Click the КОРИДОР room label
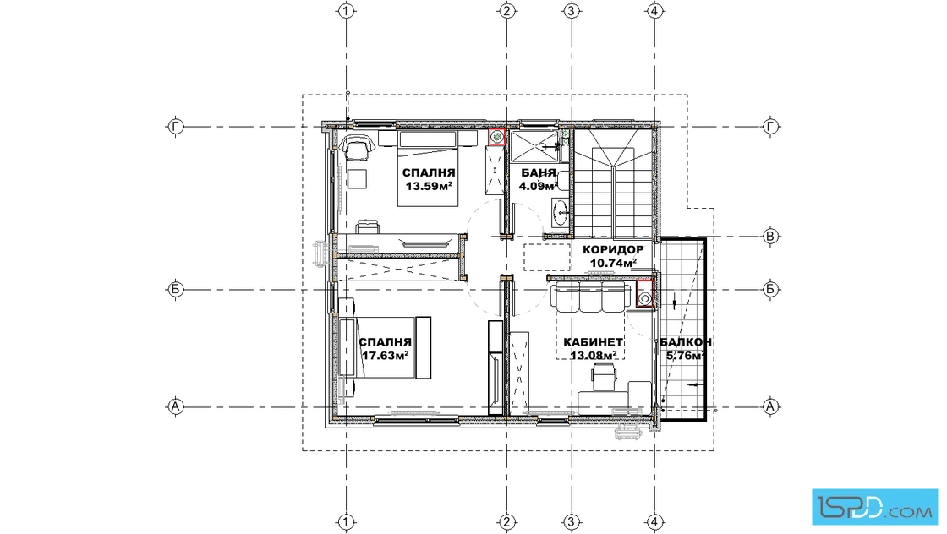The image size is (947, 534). pyautogui.click(x=612, y=250)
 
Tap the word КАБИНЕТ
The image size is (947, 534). pyautogui.click(x=593, y=342)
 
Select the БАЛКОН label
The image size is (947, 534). pyautogui.click(x=686, y=342)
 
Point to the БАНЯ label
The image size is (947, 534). pyautogui.click(x=538, y=173)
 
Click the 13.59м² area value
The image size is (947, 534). pyautogui.click(x=429, y=186)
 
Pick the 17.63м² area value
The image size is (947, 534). pyautogui.click(x=386, y=356)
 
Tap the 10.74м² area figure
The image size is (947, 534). pyautogui.click(x=613, y=263)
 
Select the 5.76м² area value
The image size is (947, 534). pyautogui.click(x=686, y=356)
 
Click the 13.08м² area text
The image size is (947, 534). pyautogui.click(x=593, y=356)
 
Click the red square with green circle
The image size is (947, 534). pyautogui.click(x=496, y=137)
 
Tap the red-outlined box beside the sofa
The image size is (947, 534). pyautogui.click(x=645, y=294)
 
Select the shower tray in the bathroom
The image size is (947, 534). pyautogui.click(x=535, y=146)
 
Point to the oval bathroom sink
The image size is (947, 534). pyautogui.click(x=560, y=210)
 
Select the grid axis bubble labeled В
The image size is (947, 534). pyautogui.click(x=769, y=237)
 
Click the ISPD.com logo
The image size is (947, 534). pyautogui.click(x=874, y=506)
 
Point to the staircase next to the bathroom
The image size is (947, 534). pyautogui.click(x=613, y=184)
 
